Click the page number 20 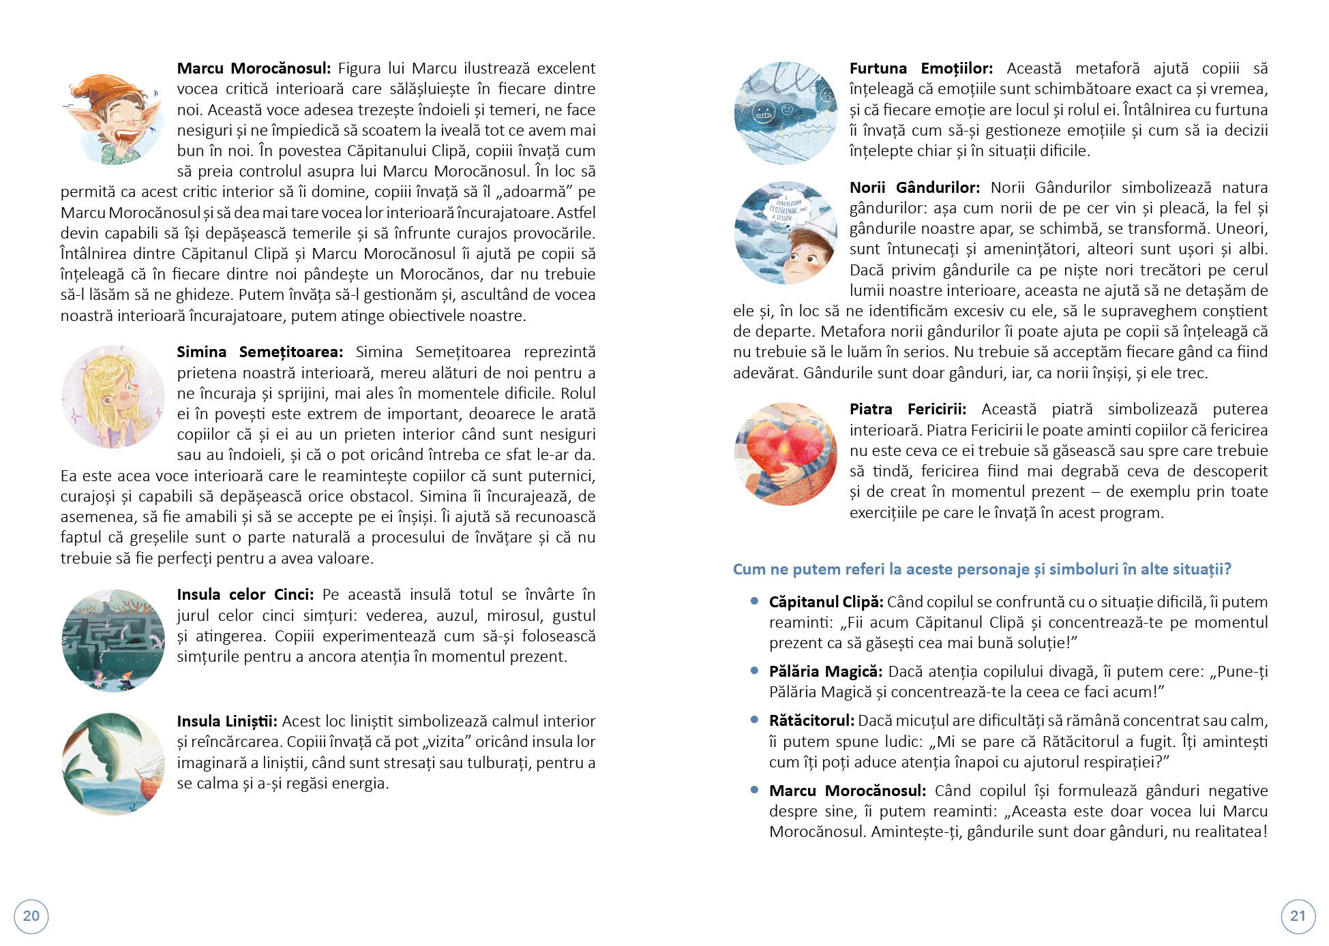(x=31, y=915)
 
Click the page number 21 (x=1298, y=915)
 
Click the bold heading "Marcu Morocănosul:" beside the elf (x=253, y=68)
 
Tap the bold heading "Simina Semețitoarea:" (x=259, y=352)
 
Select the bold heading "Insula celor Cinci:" (x=245, y=594)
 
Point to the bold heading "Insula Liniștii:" (x=227, y=721)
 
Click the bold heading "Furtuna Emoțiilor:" (x=921, y=68)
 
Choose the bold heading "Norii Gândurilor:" (x=914, y=187)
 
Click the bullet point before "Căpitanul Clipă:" (x=754, y=601)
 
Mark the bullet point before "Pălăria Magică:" (x=754, y=671)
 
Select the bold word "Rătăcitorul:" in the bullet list (x=811, y=720)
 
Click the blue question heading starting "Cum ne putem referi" (x=982, y=569)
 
